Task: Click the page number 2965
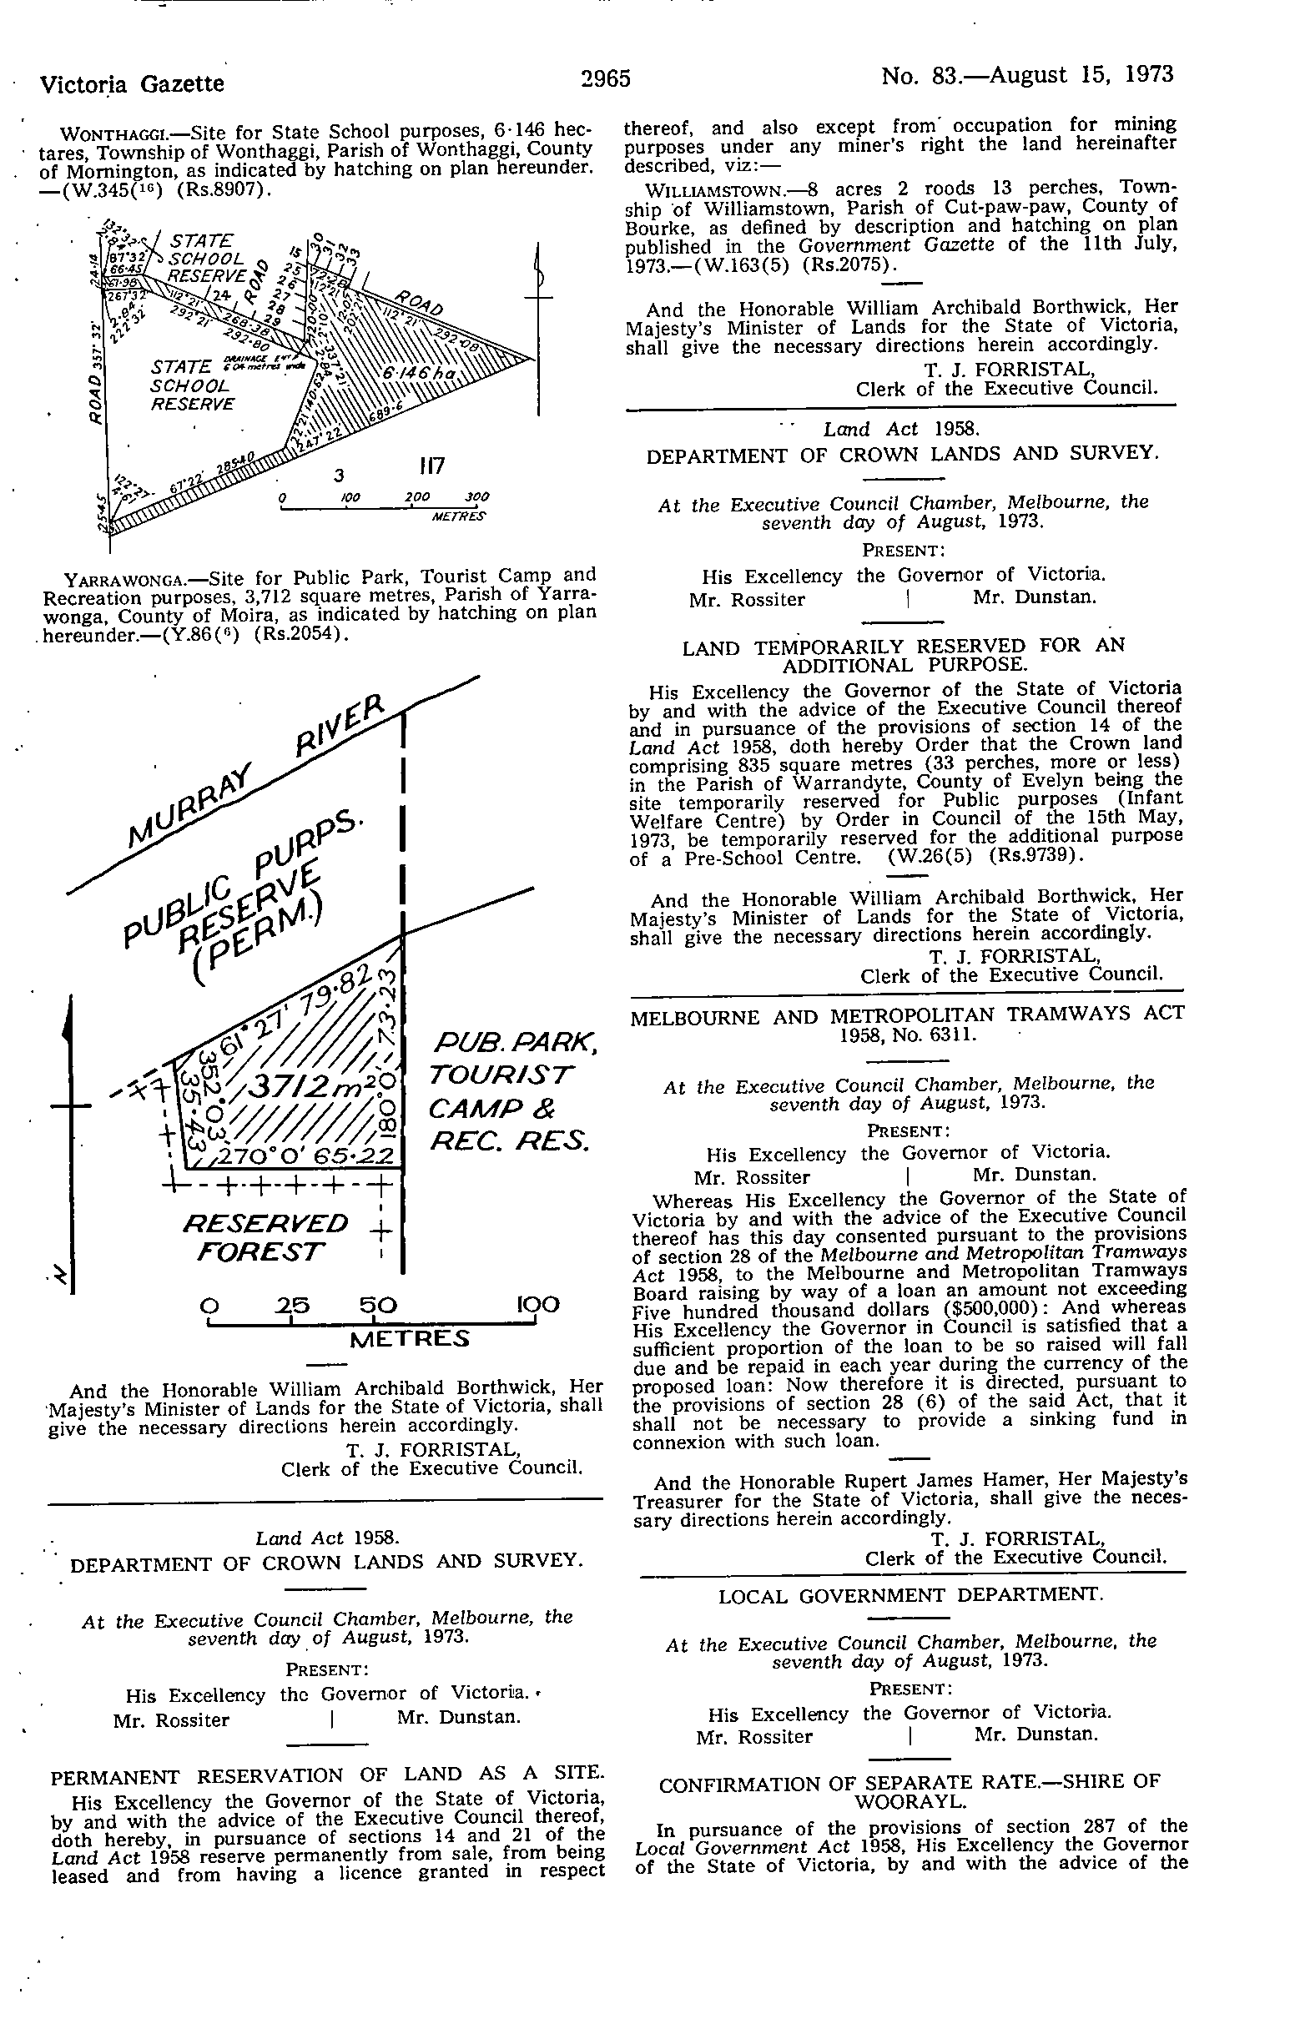pyautogui.click(x=606, y=78)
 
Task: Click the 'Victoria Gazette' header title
pyautogui.click(x=133, y=83)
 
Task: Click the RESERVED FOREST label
pyautogui.click(x=265, y=1236)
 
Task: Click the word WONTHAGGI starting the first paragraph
pyautogui.click(x=120, y=133)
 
